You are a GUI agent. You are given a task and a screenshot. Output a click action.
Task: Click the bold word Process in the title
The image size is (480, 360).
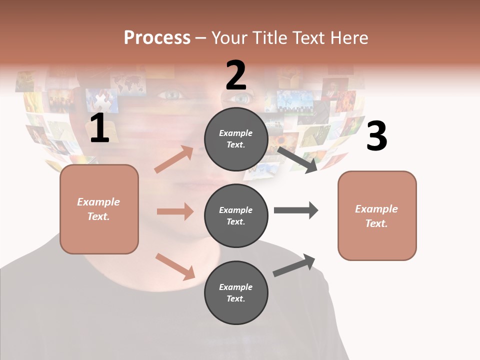coord(157,37)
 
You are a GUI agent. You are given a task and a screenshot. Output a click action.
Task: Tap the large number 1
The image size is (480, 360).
coord(99,128)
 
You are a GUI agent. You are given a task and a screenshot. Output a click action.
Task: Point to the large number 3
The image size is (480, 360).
coord(376,136)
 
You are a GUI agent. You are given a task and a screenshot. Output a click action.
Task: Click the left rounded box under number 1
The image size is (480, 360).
coord(99,209)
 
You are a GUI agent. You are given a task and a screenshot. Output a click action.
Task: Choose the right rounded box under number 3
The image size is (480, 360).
coord(377,215)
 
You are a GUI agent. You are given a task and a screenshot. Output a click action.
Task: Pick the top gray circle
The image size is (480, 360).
coord(236,139)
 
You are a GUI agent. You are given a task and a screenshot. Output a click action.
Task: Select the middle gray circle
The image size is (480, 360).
coord(236,215)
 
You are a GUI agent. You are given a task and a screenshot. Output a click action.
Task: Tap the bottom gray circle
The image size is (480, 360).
coord(236,292)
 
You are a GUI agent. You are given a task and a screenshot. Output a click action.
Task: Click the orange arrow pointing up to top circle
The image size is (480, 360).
coord(173,159)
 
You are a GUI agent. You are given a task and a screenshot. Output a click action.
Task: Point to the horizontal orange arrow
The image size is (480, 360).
coord(175,211)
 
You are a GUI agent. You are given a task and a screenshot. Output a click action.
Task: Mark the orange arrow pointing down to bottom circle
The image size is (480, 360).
coord(175,266)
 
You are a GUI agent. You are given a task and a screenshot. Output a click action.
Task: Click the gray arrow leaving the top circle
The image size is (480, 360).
coord(297,159)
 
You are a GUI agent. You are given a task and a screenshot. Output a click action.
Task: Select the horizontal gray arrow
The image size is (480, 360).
coord(296,210)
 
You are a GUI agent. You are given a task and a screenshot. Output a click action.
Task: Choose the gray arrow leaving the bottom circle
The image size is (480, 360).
coord(294,265)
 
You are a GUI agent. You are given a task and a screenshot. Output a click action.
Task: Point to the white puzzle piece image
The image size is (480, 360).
coord(102,101)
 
